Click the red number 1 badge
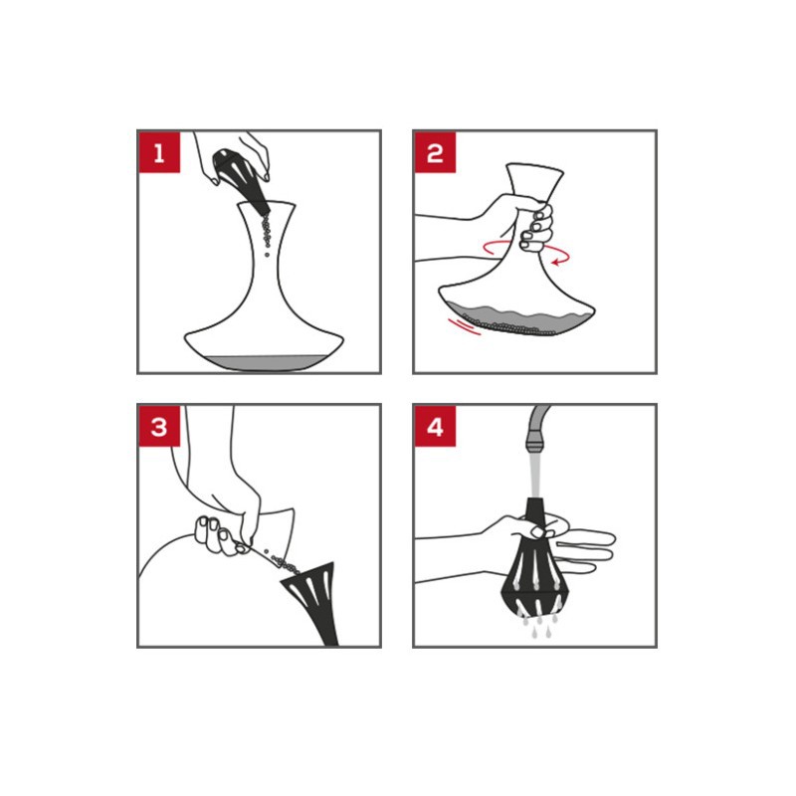point(159,152)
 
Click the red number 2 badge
point(435,152)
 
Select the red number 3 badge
point(159,427)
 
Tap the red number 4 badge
point(435,427)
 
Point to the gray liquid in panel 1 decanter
point(264,362)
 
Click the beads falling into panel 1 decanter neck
point(266,234)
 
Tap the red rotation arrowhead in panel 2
point(557,262)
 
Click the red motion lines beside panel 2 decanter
point(465,326)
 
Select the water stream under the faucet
point(535,475)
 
